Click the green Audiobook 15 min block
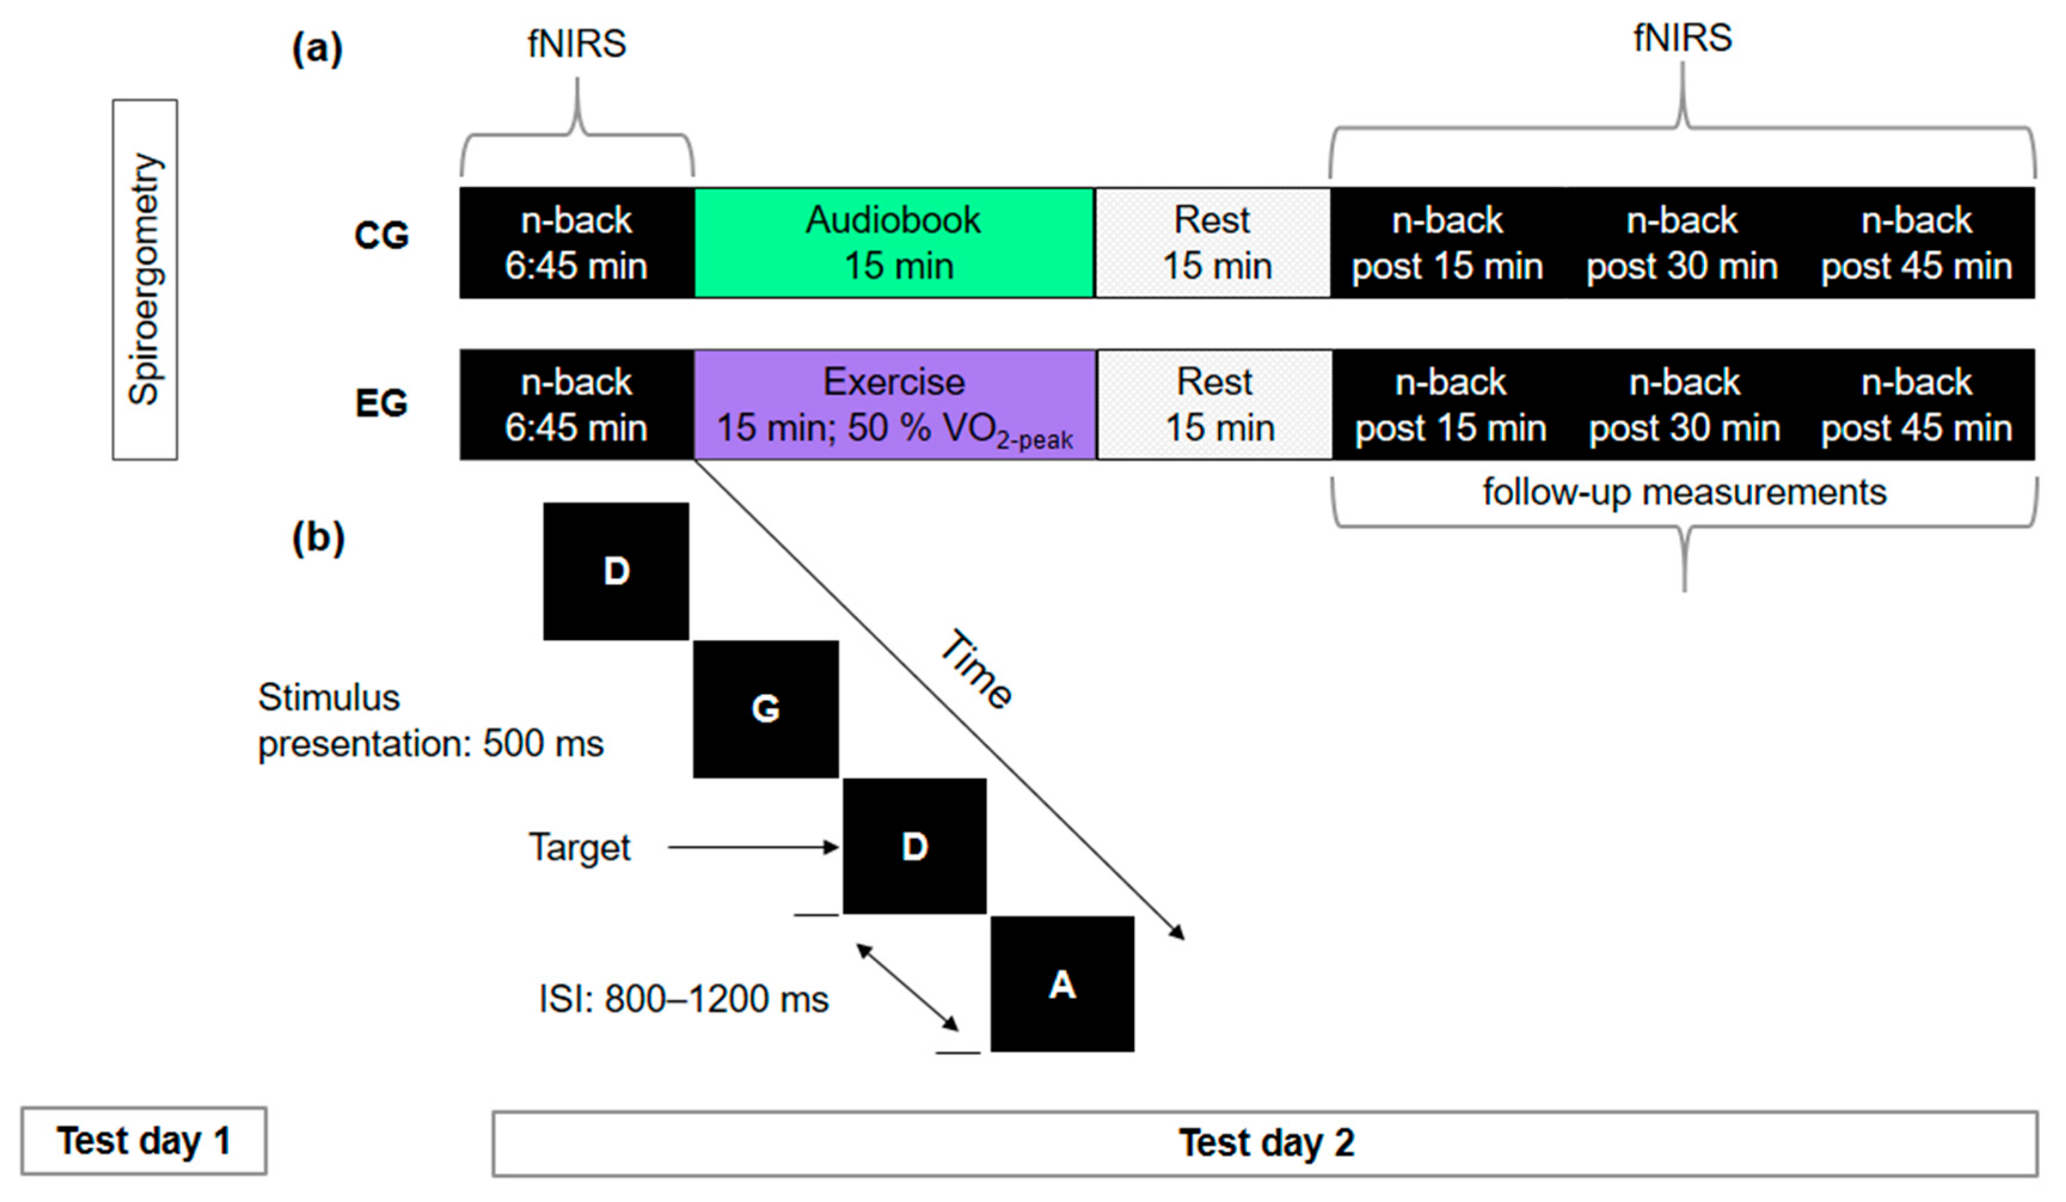[894, 242]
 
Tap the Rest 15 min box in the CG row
[1212, 242]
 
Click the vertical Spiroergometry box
[145, 279]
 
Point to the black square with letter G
[766, 709]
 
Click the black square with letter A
[1063, 984]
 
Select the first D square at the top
[616, 571]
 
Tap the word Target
[579, 847]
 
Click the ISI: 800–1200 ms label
[683, 999]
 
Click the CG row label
[381, 236]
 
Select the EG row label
[381, 403]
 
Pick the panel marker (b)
[318, 539]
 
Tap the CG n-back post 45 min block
[1916, 242]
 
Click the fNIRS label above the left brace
[576, 44]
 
